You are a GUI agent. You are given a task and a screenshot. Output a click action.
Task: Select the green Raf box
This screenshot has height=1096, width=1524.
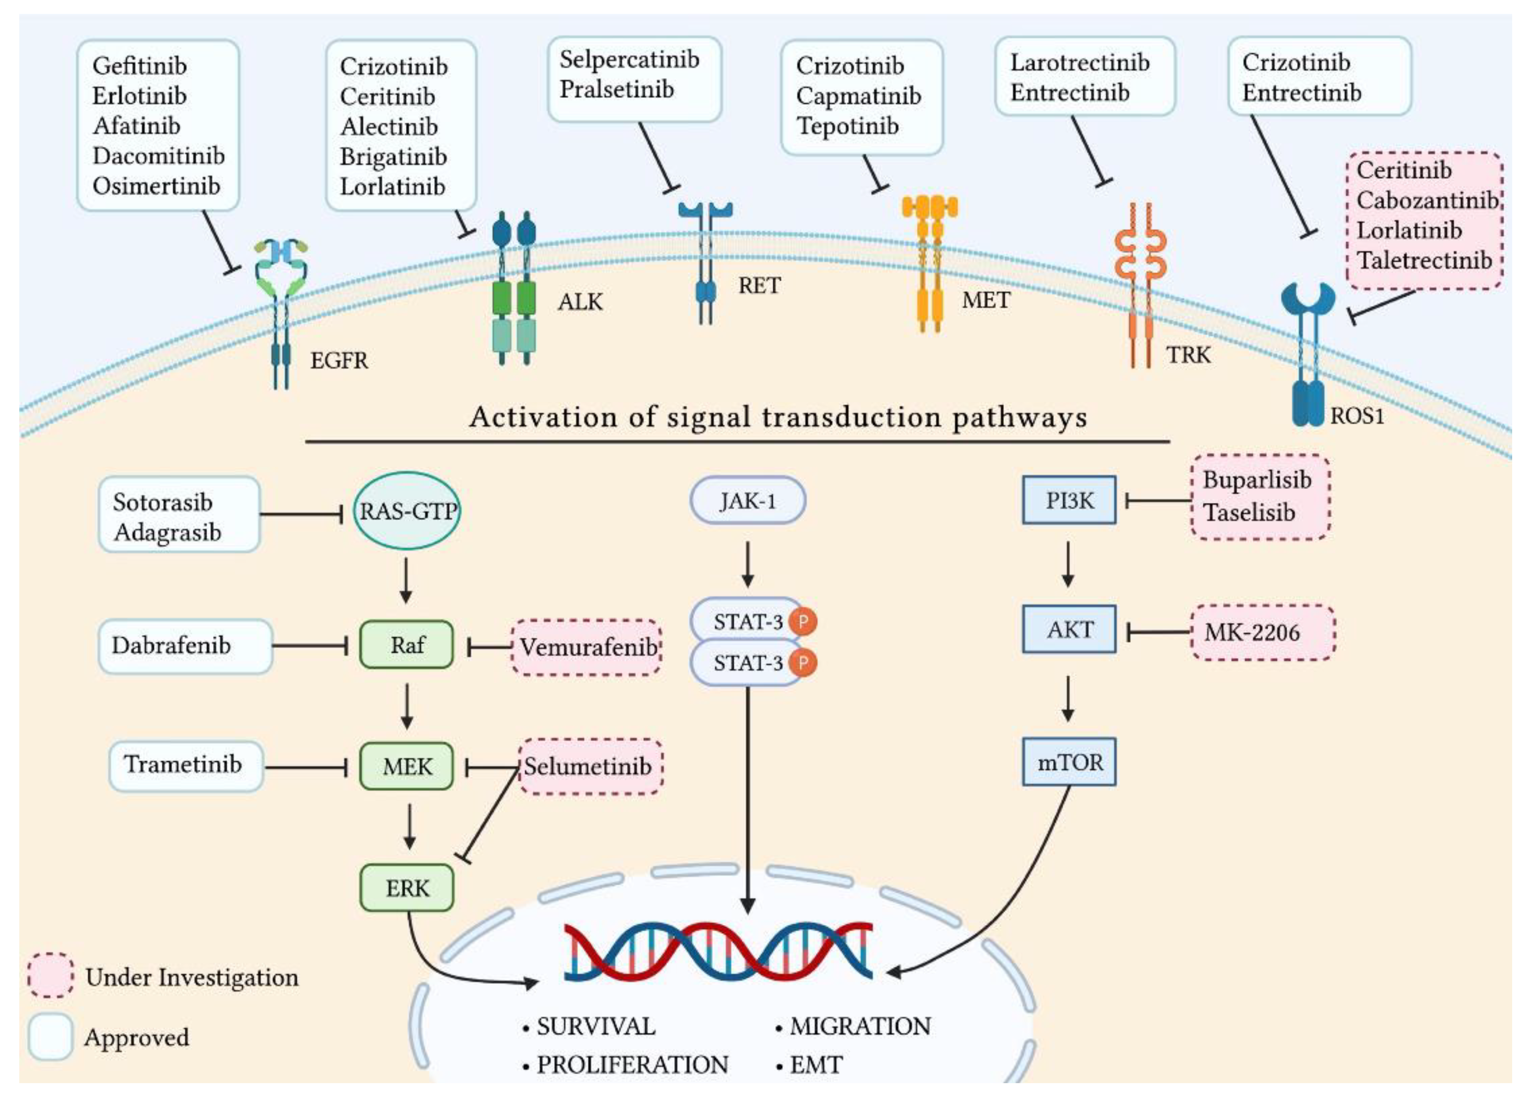click(x=406, y=645)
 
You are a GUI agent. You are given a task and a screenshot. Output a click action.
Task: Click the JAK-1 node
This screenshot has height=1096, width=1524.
click(x=748, y=501)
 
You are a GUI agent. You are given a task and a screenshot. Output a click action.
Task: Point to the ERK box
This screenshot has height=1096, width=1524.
click(x=406, y=888)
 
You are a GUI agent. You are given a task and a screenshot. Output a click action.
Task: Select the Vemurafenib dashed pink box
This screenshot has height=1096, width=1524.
click(x=587, y=647)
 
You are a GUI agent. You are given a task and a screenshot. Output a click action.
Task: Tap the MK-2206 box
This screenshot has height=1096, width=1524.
click(x=1263, y=632)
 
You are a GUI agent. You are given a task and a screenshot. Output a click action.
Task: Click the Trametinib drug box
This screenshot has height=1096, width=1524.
click(x=185, y=765)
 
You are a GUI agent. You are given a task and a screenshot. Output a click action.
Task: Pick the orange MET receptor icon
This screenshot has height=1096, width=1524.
click(x=929, y=262)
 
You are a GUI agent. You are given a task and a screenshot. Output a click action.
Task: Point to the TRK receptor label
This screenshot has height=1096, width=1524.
click(x=1188, y=354)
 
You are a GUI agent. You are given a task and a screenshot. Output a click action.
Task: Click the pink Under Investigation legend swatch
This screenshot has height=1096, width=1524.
click(x=50, y=975)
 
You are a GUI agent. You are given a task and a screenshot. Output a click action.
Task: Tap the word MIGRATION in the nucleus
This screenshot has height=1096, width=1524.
click(x=860, y=1026)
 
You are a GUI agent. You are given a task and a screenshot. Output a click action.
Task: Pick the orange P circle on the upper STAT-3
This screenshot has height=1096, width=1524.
click(x=802, y=621)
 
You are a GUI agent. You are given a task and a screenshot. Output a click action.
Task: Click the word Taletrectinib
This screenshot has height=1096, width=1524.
click(x=1424, y=260)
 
